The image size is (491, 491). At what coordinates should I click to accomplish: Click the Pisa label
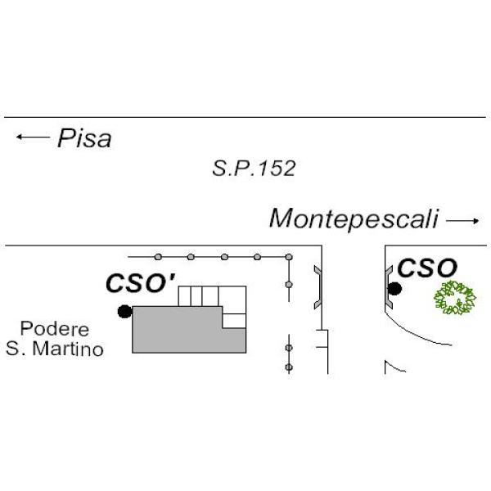[84, 139]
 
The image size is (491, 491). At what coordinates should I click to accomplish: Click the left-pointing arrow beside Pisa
[32, 137]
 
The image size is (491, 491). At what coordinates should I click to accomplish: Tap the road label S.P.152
[253, 169]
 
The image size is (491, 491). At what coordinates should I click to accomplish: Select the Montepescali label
[354, 219]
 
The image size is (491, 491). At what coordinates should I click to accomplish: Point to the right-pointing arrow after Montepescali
[462, 220]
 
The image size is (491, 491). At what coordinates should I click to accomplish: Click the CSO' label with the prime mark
[140, 283]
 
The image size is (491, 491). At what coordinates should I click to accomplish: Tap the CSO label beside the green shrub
[426, 268]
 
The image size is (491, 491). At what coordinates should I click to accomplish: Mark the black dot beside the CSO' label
[124, 311]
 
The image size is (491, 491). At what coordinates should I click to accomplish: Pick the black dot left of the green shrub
[394, 288]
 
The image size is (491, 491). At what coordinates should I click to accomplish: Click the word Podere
[54, 330]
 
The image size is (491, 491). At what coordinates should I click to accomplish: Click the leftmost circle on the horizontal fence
[158, 257]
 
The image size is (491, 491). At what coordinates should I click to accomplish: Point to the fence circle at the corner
[289, 257]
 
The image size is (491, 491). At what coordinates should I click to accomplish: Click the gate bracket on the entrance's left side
[318, 286]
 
